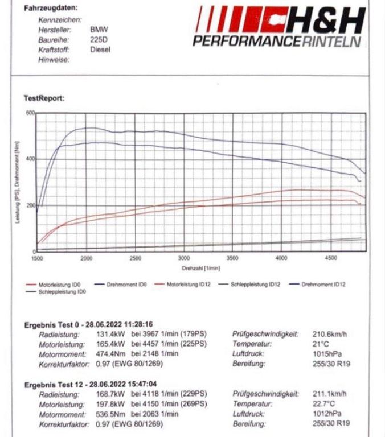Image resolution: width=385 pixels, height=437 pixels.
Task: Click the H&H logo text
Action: pyautogui.click(x=326, y=20)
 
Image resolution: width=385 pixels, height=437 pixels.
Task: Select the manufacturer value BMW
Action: pyautogui.click(x=99, y=29)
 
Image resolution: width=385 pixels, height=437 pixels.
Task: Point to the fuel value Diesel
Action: pyautogui.click(x=100, y=50)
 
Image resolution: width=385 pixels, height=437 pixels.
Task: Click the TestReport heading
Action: pyautogui.click(x=44, y=98)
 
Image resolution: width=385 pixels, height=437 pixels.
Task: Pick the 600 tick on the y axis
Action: pyautogui.click(x=30, y=113)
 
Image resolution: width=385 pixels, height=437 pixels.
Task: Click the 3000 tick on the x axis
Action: pyautogui.click(x=184, y=258)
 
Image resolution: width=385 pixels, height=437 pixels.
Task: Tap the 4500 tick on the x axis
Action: pyautogui.click(x=330, y=258)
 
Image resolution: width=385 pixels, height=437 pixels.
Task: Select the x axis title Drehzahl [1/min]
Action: pyautogui.click(x=200, y=267)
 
